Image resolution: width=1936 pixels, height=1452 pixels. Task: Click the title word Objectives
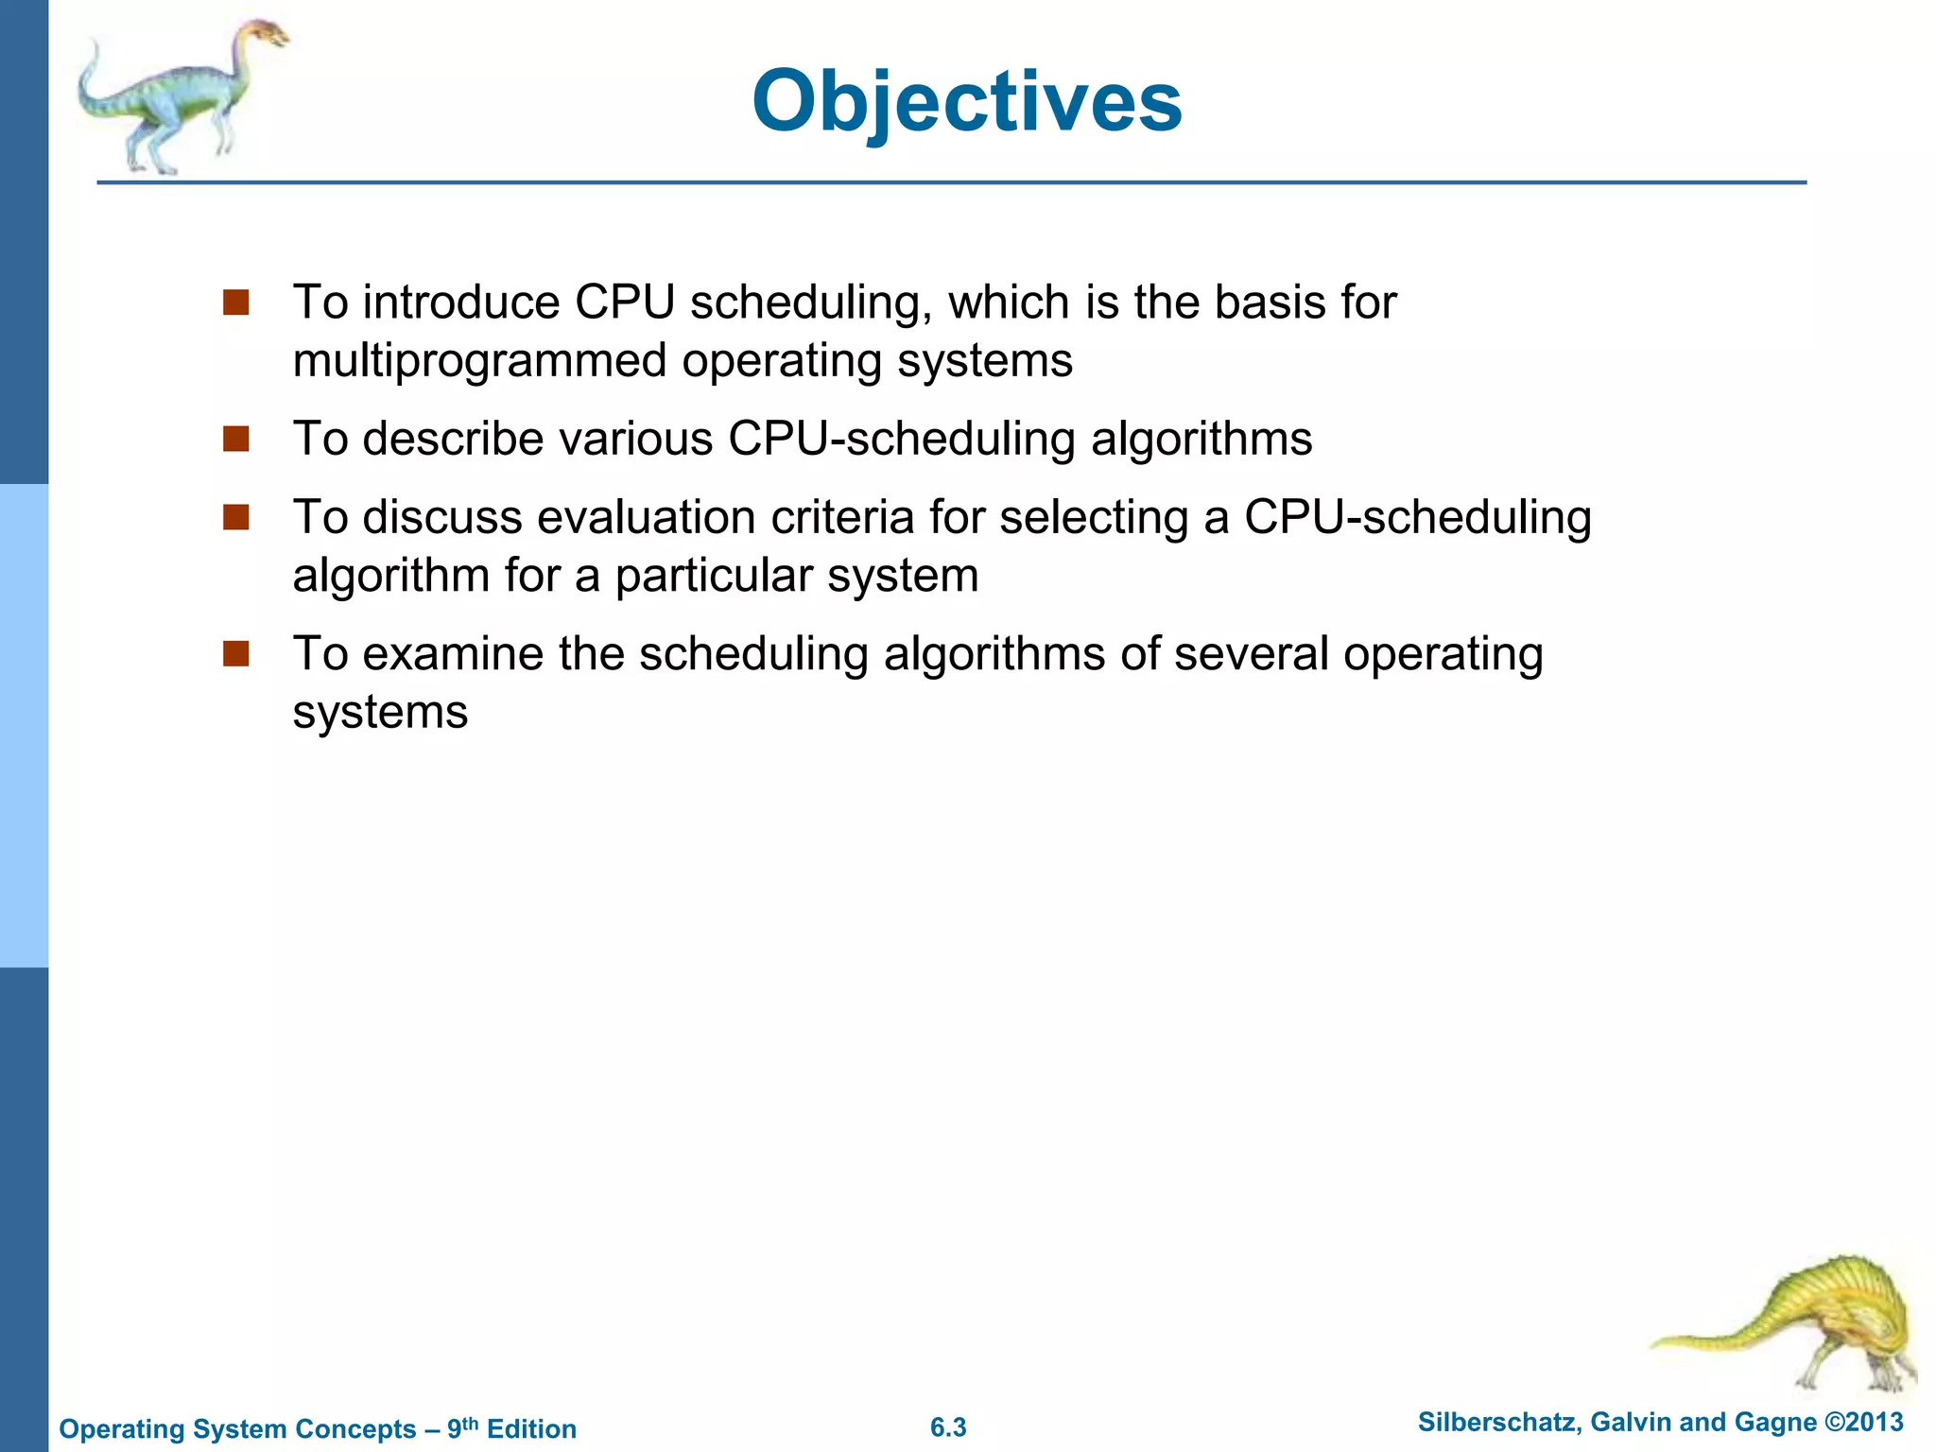[966, 102]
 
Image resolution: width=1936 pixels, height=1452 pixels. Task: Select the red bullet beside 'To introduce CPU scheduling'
[235, 302]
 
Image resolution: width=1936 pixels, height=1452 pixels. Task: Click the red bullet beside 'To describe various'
[235, 439]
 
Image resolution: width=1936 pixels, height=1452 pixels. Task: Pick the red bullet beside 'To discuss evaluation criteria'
[235, 517]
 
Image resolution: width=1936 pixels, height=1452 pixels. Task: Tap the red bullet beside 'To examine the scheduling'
[235, 653]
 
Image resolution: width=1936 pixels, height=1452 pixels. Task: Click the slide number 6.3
[948, 1427]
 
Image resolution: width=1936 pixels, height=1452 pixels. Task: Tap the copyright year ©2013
[1863, 1423]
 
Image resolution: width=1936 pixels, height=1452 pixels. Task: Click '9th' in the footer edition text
[462, 1427]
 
